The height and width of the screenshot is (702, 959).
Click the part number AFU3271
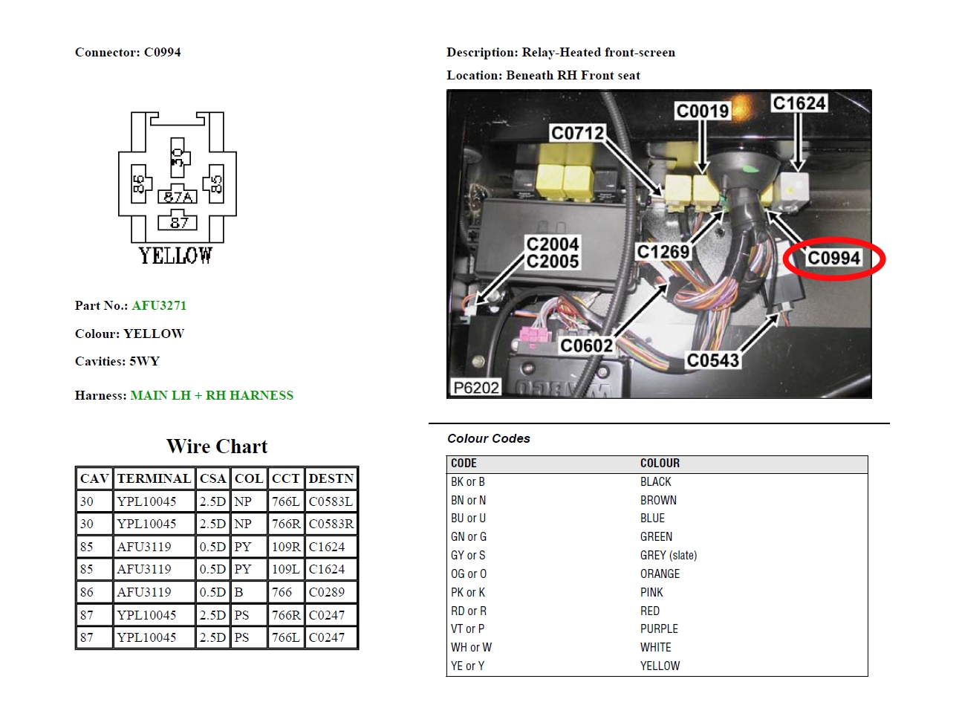coord(159,305)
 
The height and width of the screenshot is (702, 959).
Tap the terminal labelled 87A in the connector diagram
coord(178,195)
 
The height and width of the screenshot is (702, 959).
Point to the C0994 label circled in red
coord(833,258)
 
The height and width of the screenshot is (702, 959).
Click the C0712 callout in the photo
coord(577,133)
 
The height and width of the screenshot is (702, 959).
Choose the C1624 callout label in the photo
coord(799,103)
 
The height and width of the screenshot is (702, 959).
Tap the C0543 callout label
coord(713,360)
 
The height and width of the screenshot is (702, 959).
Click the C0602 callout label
coord(587,345)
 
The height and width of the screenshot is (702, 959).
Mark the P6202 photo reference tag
coord(476,388)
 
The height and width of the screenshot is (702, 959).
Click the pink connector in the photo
coord(534,335)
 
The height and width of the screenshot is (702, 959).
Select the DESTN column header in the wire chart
coord(331,478)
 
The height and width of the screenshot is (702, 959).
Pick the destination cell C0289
coord(327,592)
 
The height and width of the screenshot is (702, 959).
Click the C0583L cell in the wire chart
coord(331,501)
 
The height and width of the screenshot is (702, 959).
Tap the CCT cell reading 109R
coord(286,547)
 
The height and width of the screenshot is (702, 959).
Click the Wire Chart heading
coord(217,446)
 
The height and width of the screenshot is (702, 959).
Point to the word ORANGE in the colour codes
coord(660,573)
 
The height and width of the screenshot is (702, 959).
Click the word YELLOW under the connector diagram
coord(175,256)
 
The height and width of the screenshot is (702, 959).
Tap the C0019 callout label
coord(703,111)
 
